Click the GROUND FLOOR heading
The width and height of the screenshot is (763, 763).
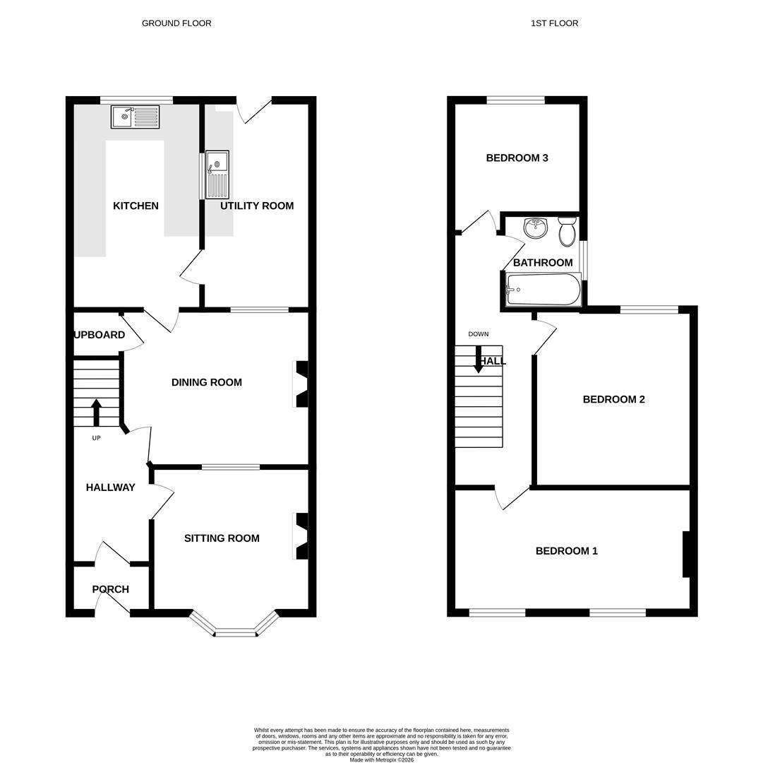pyautogui.click(x=176, y=23)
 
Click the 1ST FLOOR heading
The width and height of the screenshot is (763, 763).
pyautogui.click(x=554, y=23)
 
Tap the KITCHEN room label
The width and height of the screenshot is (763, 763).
pyautogui.click(x=136, y=206)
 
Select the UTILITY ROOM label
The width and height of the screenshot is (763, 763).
pyautogui.click(x=257, y=206)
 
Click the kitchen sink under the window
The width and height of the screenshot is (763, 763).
pyautogui.click(x=135, y=117)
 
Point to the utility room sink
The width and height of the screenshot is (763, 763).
pyautogui.click(x=217, y=175)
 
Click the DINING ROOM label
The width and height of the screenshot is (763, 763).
pyautogui.click(x=206, y=382)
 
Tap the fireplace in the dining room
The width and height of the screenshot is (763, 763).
pyautogui.click(x=301, y=384)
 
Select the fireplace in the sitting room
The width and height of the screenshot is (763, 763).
pyautogui.click(x=301, y=536)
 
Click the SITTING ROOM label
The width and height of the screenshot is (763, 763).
pyautogui.click(x=222, y=538)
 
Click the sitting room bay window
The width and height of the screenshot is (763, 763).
pyautogui.click(x=235, y=631)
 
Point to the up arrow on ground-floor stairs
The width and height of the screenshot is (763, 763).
pyautogui.click(x=96, y=413)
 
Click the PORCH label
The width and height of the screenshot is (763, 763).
pyautogui.click(x=111, y=589)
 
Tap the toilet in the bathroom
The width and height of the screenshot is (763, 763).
pyautogui.click(x=567, y=232)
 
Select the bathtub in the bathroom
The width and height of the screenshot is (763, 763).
pyautogui.click(x=543, y=290)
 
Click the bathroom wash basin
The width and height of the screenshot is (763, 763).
pyautogui.click(x=536, y=227)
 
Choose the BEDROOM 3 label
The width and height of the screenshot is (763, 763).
pyautogui.click(x=517, y=158)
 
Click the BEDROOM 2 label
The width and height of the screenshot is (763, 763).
pyautogui.click(x=613, y=400)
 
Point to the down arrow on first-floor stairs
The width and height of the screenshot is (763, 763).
pyautogui.click(x=479, y=360)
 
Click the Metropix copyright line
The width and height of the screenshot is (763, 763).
pyautogui.click(x=382, y=760)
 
